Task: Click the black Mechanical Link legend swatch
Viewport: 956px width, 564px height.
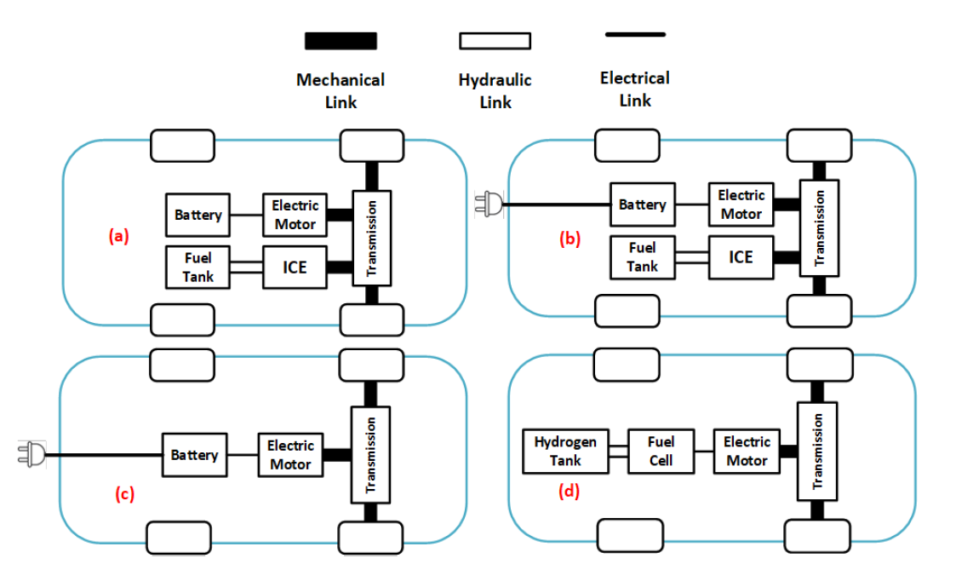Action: (x=341, y=41)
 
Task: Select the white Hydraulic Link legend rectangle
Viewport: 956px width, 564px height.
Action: (x=495, y=41)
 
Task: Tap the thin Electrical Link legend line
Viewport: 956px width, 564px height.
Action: (x=635, y=34)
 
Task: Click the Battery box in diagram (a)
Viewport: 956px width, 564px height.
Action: (x=197, y=216)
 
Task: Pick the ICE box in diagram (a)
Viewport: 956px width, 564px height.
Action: (x=295, y=267)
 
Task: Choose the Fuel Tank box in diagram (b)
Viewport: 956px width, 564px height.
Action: (x=642, y=256)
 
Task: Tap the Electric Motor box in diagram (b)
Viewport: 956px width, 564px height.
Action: (x=741, y=204)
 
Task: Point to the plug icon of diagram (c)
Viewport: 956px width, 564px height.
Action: (x=31, y=455)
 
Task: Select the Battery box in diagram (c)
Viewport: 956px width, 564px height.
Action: (x=194, y=455)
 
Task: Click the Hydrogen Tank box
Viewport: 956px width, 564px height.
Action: (x=565, y=451)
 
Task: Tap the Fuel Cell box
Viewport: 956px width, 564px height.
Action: (x=661, y=451)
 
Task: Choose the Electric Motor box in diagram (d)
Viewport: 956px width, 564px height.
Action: (x=747, y=451)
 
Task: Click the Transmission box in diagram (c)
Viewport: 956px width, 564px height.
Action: (x=371, y=454)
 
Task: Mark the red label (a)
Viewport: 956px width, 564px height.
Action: (x=118, y=236)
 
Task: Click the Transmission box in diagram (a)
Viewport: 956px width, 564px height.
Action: (x=371, y=238)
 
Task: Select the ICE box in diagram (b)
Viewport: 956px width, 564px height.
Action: (x=741, y=256)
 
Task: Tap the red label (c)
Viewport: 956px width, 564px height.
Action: (x=124, y=494)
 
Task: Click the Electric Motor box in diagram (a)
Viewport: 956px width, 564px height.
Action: (x=295, y=215)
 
